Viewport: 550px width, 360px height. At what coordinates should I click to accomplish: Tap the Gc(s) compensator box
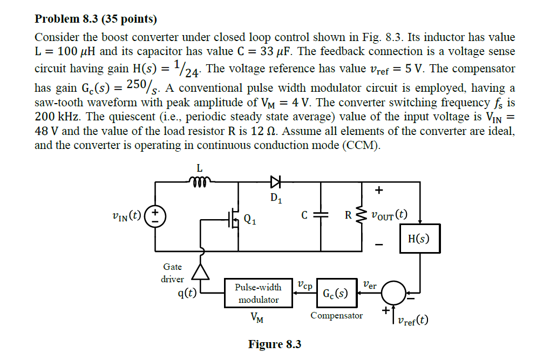(x=335, y=294)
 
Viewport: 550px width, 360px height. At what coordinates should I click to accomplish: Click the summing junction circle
(x=395, y=293)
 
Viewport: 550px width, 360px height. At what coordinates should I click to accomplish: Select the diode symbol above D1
(x=276, y=182)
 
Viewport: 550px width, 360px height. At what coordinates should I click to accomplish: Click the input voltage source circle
(x=156, y=216)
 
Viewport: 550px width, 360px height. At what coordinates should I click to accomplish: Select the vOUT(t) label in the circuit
(x=389, y=215)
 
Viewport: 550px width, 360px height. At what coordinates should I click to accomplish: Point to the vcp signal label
(x=304, y=284)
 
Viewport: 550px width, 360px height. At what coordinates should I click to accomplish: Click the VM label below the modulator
(x=257, y=318)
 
